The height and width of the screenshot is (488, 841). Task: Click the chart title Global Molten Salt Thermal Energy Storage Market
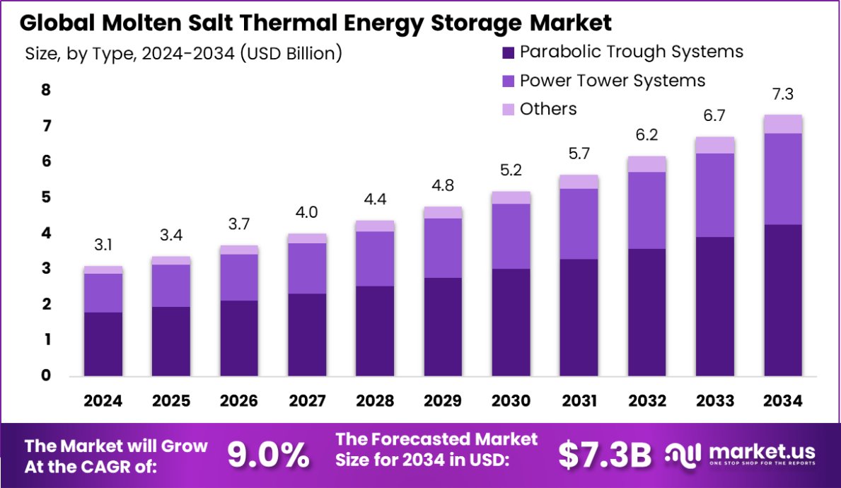[x=315, y=23]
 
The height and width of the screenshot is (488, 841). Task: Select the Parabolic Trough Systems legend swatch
[x=508, y=52]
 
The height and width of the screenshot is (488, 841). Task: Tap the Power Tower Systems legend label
[x=612, y=81]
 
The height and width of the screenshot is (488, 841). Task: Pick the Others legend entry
[x=548, y=109]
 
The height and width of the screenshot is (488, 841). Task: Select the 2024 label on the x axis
[x=103, y=401]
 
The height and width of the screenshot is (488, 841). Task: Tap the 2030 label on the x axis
[x=511, y=401]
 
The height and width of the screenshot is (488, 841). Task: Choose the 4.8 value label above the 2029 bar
[x=443, y=187]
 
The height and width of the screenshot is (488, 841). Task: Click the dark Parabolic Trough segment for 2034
[x=783, y=300]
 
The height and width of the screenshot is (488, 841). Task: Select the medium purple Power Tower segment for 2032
[x=647, y=210]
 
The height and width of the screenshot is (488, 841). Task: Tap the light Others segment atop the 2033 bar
[x=715, y=145]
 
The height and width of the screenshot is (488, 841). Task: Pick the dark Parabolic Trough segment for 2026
[x=239, y=338]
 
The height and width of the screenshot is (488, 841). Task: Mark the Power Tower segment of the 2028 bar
[x=375, y=258]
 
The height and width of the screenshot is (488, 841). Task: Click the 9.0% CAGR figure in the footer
[x=268, y=455]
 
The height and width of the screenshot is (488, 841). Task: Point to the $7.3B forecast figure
[x=604, y=455]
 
